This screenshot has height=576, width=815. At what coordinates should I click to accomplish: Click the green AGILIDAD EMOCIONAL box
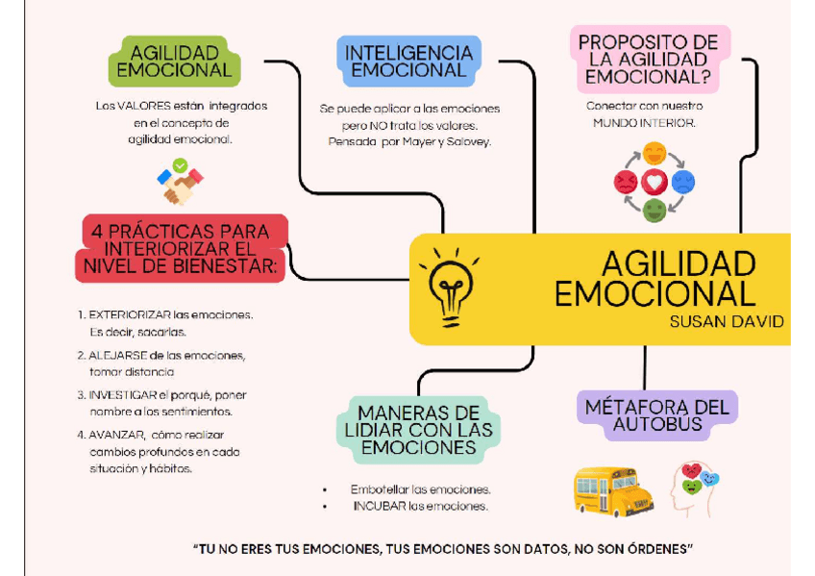[x=174, y=61]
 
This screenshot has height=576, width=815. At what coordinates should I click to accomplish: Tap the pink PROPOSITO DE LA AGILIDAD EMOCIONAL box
[x=648, y=58]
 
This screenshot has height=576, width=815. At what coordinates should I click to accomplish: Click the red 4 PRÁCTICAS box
[x=182, y=248]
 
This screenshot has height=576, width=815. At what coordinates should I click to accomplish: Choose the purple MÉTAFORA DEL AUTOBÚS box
[x=656, y=415]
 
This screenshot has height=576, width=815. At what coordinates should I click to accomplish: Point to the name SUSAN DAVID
[x=727, y=322]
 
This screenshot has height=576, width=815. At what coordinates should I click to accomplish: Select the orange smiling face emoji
[x=654, y=154]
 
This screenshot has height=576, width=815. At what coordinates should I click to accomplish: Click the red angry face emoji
[x=626, y=182]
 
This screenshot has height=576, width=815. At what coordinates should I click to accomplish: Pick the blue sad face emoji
[x=683, y=182]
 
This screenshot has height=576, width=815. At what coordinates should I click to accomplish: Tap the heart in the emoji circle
[x=654, y=182]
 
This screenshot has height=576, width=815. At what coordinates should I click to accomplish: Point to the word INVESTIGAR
[x=122, y=394]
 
